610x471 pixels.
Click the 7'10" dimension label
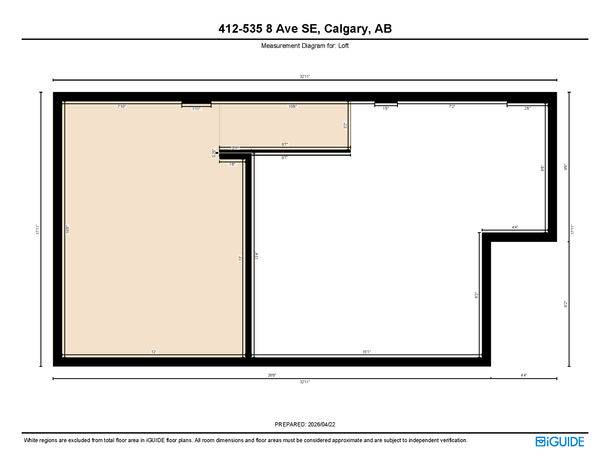pos(122,106)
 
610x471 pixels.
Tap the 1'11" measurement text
pos(196,109)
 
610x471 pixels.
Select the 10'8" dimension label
pos(292,106)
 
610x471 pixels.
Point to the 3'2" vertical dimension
pos(345,125)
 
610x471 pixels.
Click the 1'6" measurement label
pos(386,108)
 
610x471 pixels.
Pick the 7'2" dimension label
pos(452,106)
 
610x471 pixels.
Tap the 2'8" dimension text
pos(527,108)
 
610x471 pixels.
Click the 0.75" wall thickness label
pos(214,153)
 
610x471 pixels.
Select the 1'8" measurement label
pos(232,164)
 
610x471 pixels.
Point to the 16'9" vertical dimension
pos(68,229)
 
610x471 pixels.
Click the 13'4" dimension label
pos(256,256)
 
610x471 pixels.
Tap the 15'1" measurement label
pos(366,352)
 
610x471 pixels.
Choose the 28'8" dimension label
pos(272,375)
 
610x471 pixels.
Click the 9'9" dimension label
pos(566,167)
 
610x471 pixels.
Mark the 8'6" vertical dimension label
pos(542,168)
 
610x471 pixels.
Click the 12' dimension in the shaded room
pos(153,352)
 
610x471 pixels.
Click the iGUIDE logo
pos(560,442)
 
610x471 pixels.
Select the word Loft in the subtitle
pos(343,46)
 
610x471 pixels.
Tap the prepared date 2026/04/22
pos(321,424)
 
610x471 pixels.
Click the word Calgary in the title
pos(346,29)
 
